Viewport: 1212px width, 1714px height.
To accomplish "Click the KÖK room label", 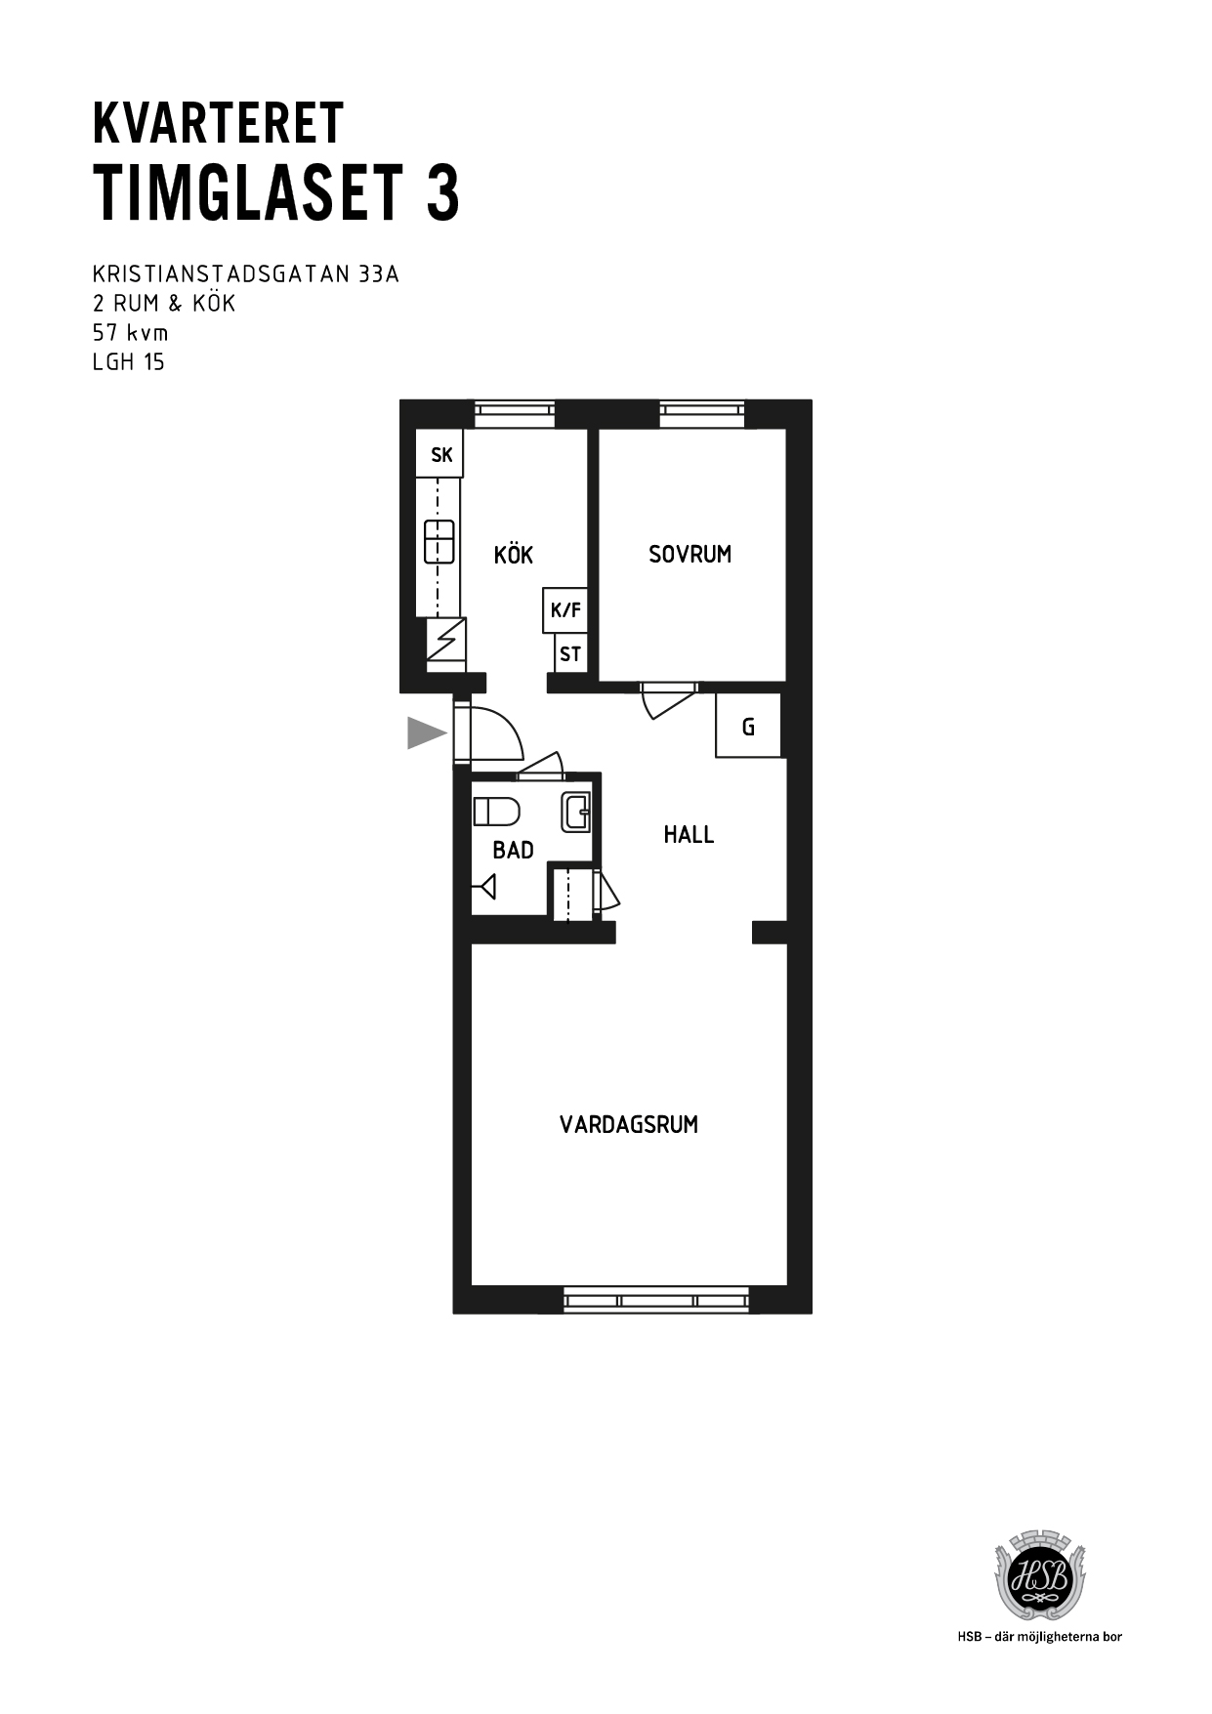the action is pos(514,555).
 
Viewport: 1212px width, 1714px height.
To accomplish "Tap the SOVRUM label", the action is pos(690,554).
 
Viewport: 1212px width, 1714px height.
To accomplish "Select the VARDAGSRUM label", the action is pos(629,1124).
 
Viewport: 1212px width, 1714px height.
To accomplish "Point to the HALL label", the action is pos(689,834).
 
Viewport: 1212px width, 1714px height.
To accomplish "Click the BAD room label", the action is pos(514,850).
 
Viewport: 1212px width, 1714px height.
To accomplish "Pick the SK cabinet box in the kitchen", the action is pos(440,454).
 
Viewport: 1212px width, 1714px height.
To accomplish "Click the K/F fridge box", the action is pos(565,610).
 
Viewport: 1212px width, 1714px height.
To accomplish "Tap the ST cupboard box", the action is pos(570,653).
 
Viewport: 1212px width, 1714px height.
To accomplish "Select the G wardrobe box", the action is pos(748,726).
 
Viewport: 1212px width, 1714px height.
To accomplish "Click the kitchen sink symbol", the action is pos(439,542).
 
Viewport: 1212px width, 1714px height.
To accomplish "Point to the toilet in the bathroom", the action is pos(496,812).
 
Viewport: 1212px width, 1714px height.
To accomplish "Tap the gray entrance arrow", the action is pos(427,732).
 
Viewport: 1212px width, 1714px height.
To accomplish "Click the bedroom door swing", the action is pos(669,699).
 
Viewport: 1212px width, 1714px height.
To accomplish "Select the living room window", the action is pos(656,1300).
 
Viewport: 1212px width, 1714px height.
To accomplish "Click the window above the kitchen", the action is pos(515,414).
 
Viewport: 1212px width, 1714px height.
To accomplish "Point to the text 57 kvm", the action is pos(130,332).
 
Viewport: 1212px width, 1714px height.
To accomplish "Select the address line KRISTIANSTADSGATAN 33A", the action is pos(246,273).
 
